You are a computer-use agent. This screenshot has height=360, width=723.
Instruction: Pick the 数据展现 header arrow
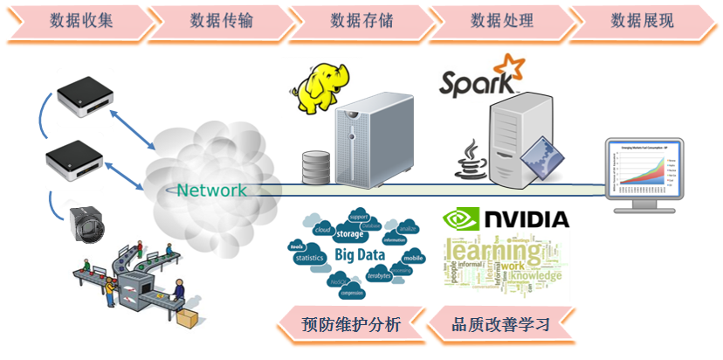pos(642,19)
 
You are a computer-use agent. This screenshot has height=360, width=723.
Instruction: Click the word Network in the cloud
pos(210,190)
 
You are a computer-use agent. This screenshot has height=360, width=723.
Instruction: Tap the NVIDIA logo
pos(506,219)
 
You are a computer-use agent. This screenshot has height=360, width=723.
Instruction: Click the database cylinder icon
pos(315,165)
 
